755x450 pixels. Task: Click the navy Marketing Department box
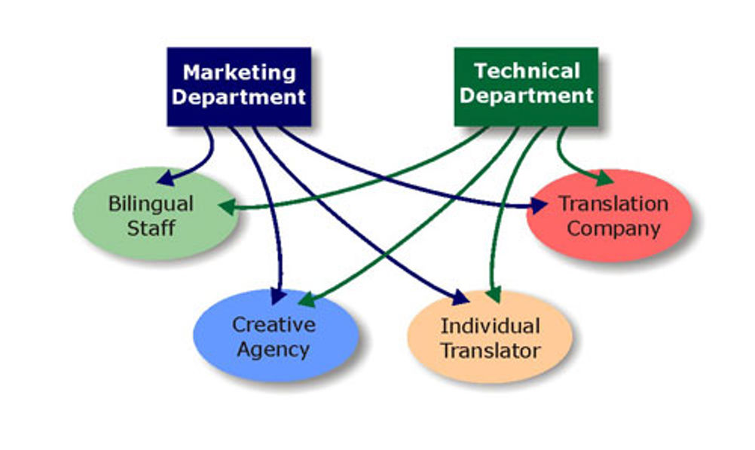239,87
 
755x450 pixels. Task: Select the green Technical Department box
526,87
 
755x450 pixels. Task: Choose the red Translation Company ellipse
609,216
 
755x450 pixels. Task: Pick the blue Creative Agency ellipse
276,335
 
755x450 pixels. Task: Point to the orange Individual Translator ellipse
491,337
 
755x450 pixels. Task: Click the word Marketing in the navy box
240,73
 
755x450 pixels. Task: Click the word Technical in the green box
527,72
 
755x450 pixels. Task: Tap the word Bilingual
151,204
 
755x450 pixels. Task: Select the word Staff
151,228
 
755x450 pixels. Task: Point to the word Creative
274,325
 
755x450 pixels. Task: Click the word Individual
491,326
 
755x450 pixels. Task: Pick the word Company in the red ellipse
613,228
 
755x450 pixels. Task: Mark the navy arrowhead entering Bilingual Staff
166,178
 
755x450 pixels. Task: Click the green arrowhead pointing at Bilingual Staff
228,207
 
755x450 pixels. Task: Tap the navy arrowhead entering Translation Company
539,206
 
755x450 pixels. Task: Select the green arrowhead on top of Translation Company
605,178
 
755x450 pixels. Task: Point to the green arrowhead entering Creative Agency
307,300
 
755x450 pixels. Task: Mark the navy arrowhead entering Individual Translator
461,298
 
